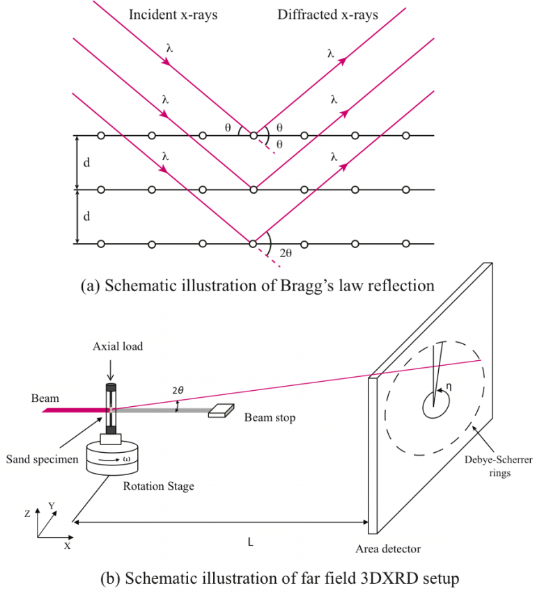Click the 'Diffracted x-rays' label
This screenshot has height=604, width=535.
pos(328,15)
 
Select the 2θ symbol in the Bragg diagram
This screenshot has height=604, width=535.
pos(286,252)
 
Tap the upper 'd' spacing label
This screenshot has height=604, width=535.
pos(87,162)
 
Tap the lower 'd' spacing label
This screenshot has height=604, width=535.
pos(87,217)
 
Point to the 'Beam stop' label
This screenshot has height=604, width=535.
pos(270,418)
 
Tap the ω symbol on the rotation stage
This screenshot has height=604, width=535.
pos(126,459)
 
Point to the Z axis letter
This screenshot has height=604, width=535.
pos(26,512)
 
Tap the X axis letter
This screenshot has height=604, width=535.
pos(68,546)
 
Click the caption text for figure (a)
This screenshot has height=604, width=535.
pos(257,286)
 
